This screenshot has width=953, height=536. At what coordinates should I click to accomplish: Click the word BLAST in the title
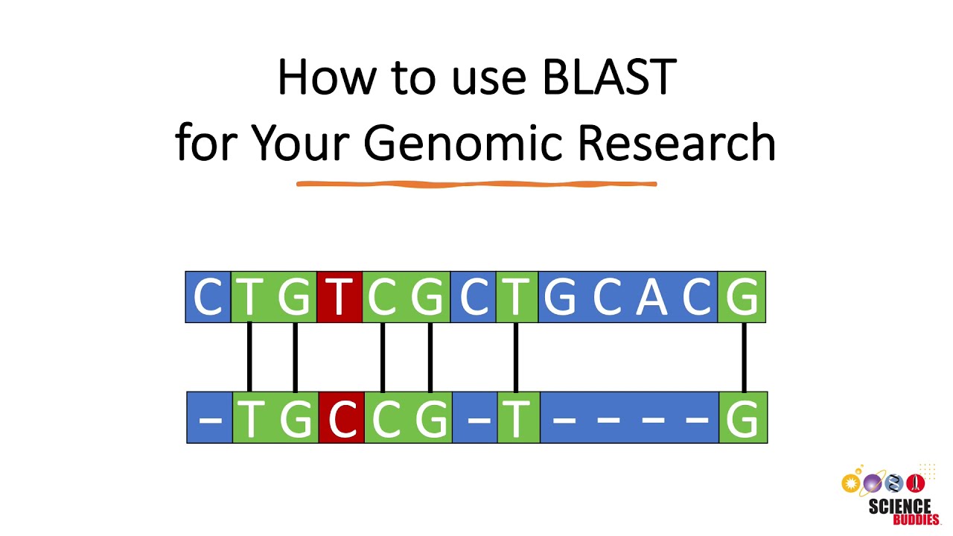[x=608, y=77]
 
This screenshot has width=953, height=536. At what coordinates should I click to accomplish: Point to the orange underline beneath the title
[x=476, y=183]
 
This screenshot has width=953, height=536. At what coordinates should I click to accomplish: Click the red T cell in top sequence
[x=340, y=297]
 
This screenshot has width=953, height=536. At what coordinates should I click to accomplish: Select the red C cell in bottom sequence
[x=341, y=418]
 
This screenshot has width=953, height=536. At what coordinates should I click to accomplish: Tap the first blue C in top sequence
[x=208, y=297]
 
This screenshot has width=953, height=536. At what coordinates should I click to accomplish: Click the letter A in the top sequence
[x=652, y=297]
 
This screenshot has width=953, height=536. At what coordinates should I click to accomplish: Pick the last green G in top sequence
[x=742, y=297]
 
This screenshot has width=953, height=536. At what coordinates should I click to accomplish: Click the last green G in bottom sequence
[x=743, y=418]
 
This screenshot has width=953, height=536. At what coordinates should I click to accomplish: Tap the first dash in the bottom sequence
[x=210, y=418]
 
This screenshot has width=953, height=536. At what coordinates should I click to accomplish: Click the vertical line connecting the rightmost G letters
[x=744, y=357]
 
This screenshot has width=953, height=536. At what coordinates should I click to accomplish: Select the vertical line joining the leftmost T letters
[x=249, y=357]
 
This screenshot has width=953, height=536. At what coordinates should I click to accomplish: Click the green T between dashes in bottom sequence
[x=517, y=418]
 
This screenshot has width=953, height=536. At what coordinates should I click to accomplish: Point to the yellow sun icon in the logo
[x=850, y=483]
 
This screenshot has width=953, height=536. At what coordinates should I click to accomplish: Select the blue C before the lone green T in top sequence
[x=473, y=297]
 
